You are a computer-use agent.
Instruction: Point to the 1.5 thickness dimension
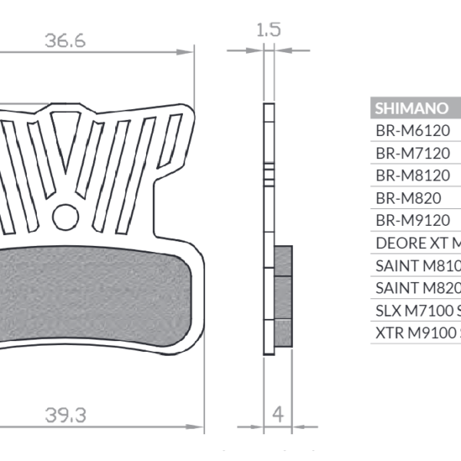point(269,30)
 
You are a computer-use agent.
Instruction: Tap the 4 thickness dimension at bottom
point(278,413)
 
